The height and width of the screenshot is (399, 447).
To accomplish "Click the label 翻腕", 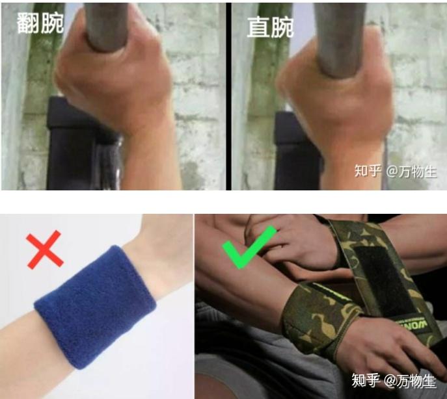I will tap(40, 24).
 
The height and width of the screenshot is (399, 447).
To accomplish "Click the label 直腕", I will tap(270, 27).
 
